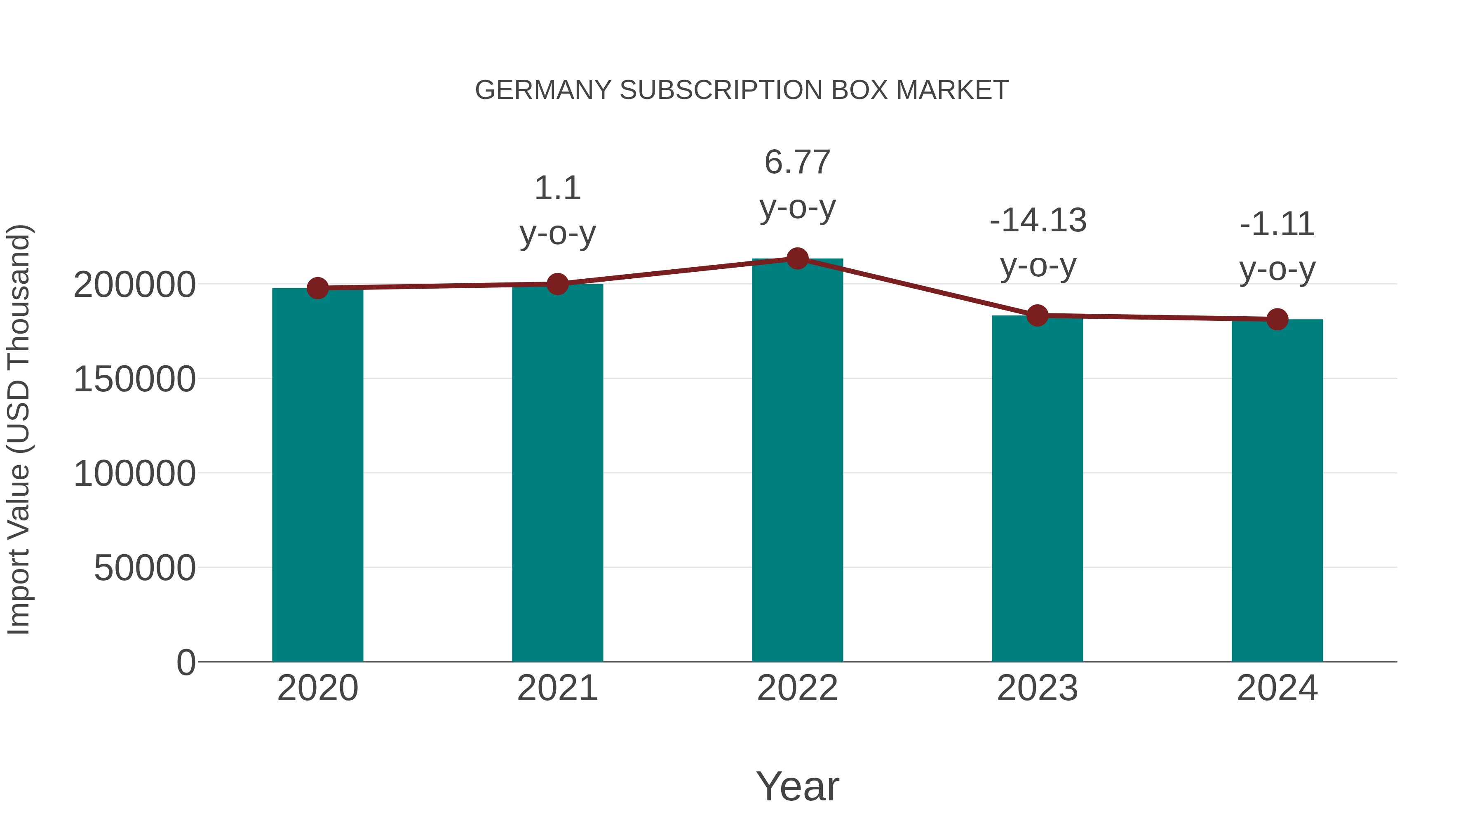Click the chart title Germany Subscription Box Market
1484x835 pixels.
coord(742,90)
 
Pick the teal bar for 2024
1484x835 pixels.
coord(1277,490)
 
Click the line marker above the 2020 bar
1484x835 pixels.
coord(317,288)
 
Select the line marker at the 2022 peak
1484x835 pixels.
coord(797,259)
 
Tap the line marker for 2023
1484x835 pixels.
coord(1037,315)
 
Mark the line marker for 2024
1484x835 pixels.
coord(1277,319)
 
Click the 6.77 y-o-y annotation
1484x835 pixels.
coord(797,184)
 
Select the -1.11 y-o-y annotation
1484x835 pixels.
coord(1277,246)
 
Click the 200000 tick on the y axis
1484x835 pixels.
coord(135,285)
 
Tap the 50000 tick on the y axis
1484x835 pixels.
coord(145,568)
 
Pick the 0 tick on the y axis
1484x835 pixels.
coord(185,662)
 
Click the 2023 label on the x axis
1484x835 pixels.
coord(1037,688)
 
